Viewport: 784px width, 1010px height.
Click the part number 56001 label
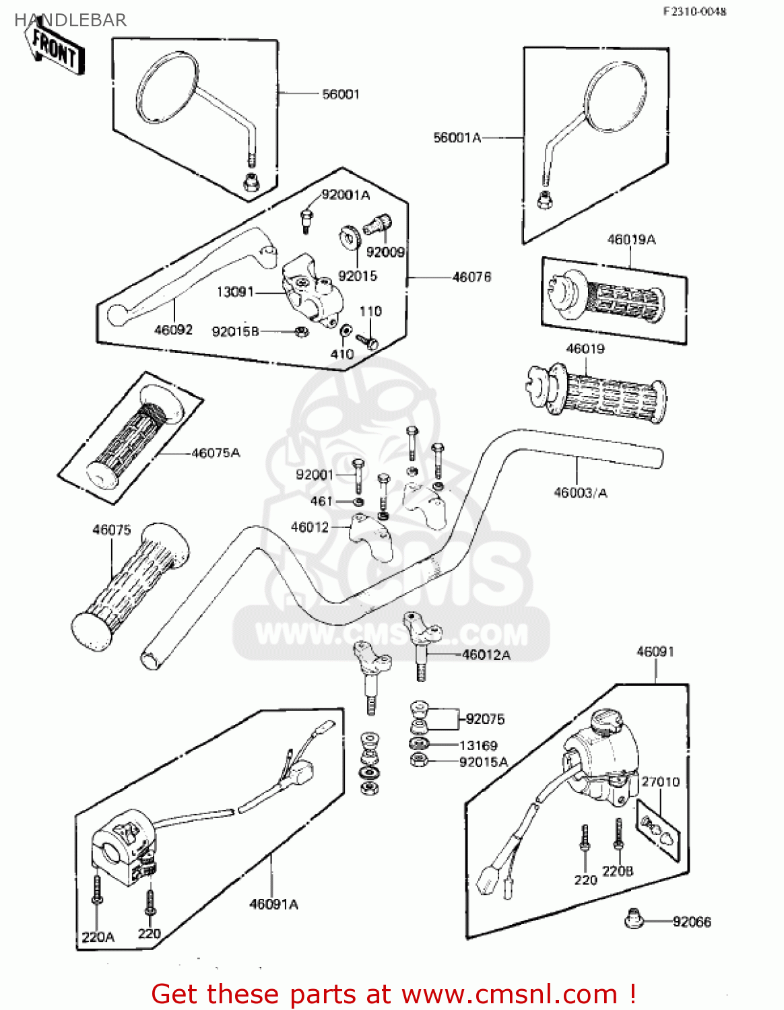coord(341,94)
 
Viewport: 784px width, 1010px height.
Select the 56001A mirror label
coord(457,137)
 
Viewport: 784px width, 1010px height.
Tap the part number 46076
coord(471,277)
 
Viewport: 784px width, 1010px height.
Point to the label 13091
coord(235,292)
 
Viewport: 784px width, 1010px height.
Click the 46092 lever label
coord(173,329)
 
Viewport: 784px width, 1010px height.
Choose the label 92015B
coord(235,331)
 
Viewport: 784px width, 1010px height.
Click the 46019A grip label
coord(631,239)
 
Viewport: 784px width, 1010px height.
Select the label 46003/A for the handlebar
coord(580,493)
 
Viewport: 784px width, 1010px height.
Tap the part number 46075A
coord(216,453)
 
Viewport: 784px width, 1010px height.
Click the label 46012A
coord(486,654)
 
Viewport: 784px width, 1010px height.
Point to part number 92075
coord(485,719)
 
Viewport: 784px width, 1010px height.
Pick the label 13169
coord(478,745)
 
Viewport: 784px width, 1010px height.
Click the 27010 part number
coord(660,782)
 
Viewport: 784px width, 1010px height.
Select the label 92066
coord(692,922)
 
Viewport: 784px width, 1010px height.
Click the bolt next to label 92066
coord(633,918)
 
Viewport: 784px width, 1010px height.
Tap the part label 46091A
coord(273,904)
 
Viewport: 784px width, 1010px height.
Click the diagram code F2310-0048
coord(694,11)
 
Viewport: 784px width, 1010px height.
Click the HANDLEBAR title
coord(71,20)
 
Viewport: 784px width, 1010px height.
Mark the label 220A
coord(98,937)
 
